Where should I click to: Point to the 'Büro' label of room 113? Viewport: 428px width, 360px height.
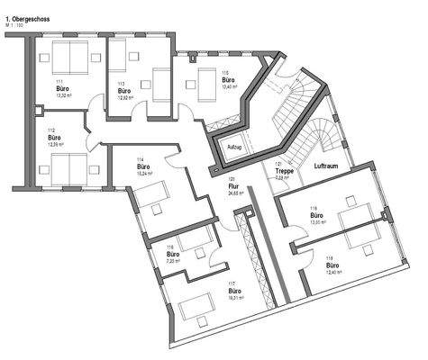pyautogui.click(x=125, y=91)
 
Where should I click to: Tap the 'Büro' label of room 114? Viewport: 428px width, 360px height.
pyautogui.click(x=142, y=166)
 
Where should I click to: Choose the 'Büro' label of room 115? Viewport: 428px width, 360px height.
pyautogui.click(x=229, y=80)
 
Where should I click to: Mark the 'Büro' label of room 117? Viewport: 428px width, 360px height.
pyautogui.click(x=233, y=292)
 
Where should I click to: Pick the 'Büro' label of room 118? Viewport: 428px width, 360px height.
pyautogui.click(x=316, y=216)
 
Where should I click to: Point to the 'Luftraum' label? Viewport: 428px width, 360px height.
pyautogui.click(x=327, y=167)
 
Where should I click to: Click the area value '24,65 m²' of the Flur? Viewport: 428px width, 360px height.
pyautogui.click(x=236, y=193)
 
